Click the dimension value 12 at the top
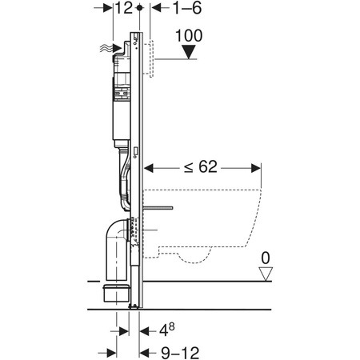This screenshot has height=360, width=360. pyautogui.click(x=122, y=10)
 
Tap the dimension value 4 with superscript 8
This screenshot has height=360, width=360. pyautogui.click(x=164, y=327)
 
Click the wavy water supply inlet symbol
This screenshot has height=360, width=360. pyautogui.click(x=105, y=49)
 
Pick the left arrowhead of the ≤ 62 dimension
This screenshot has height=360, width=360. pyautogui.click(x=146, y=167)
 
